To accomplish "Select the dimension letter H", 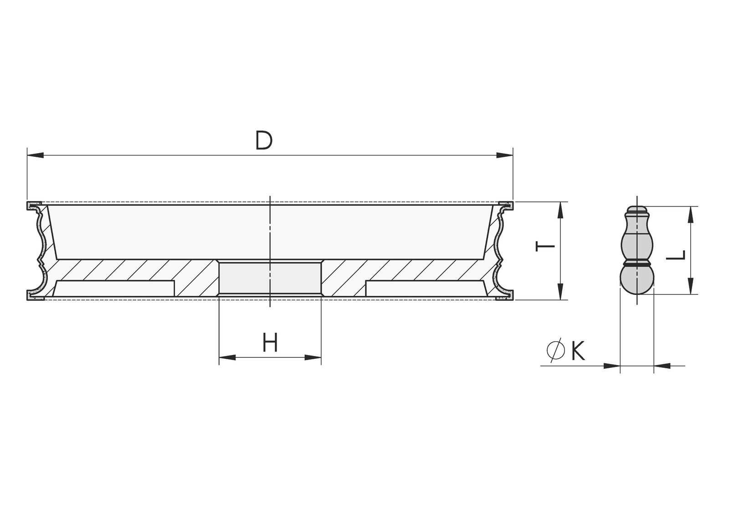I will (270, 343).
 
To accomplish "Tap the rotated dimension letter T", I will (545, 246).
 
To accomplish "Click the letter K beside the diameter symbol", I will (578, 351).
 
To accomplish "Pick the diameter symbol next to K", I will (556, 351).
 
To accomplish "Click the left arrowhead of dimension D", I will (36, 155).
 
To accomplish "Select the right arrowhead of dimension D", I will (505, 155).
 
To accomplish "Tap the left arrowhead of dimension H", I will (227, 357).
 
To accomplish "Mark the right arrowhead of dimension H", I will (313, 357).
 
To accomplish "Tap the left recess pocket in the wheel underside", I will (114, 289).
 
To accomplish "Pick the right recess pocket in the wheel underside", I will (426, 289).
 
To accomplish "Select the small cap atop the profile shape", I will (637, 210).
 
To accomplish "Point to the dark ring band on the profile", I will (637, 263).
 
